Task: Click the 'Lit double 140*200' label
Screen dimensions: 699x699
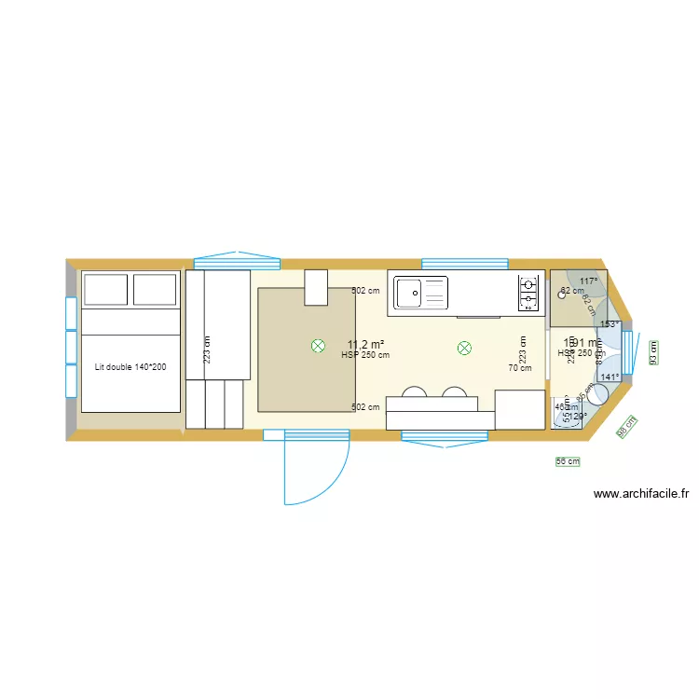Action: [x=130, y=367]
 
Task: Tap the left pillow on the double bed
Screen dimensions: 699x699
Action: [x=105, y=290]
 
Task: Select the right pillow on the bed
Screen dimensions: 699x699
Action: [x=155, y=290]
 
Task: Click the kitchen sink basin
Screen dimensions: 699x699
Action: [x=409, y=293]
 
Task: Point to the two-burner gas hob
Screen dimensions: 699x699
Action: [x=528, y=292]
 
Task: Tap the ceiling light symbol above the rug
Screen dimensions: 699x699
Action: [x=318, y=347]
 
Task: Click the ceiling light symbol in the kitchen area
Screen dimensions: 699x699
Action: [x=464, y=349]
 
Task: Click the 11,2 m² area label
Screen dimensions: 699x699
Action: [x=366, y=343]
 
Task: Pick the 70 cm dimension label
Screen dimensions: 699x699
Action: [x=520, y=368]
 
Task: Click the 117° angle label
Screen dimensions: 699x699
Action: [x=588, y=281]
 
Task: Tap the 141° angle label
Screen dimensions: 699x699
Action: [x=610, y=377]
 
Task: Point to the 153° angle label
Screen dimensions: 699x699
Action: [x=610, y=324]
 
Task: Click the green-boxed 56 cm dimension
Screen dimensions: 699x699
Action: [x=568, y=460]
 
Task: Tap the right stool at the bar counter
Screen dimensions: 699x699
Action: [x=455, y=392]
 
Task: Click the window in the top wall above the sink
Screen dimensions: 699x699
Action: [x=464, y=264]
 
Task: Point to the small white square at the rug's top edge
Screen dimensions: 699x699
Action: [x=317, y=287]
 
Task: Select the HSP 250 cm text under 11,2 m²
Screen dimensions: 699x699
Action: [x=365, y=355]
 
